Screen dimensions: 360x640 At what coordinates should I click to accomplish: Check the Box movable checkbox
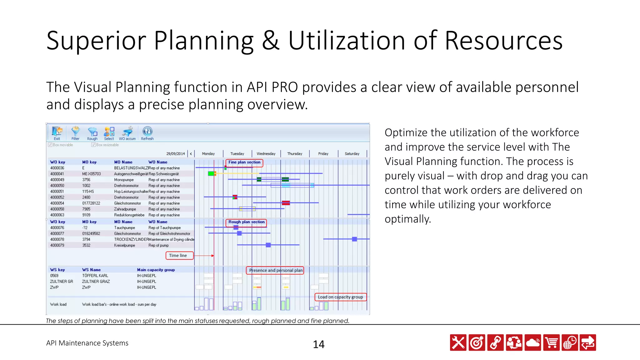(x=50, y=145)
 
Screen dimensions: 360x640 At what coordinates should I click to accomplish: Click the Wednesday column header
(x=266, y=154)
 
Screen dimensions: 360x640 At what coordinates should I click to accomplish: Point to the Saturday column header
(x=352, y=154)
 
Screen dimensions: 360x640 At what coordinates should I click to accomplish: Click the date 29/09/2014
(x=176, y=154)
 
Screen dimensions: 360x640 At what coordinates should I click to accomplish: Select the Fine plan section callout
(x=244, y=162)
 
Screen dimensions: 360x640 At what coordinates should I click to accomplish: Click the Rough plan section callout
(x=246, y=222)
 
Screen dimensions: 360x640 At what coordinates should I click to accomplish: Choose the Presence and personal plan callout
(x=275, y=270)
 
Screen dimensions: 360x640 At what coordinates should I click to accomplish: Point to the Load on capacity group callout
(x=340, y=297)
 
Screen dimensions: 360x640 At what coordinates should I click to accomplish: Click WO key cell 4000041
(x=57, y=174)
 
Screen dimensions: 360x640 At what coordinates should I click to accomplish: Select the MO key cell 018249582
(x=91, y=234)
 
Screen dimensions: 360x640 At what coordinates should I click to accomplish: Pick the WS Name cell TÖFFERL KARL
(x=95, y=276)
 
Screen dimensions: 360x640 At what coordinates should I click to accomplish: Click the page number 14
(x=319, y=344)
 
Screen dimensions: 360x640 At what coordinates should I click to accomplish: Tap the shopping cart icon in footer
(x=552, y=343)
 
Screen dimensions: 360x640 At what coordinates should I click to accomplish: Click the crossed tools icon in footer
(x=458, y=343)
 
